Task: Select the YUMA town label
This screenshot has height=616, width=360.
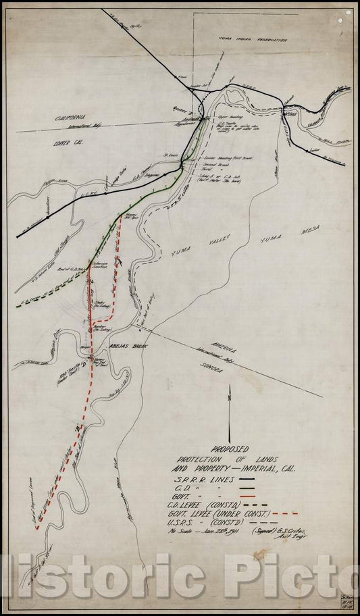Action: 291,116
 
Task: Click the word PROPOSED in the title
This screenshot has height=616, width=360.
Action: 230,448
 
